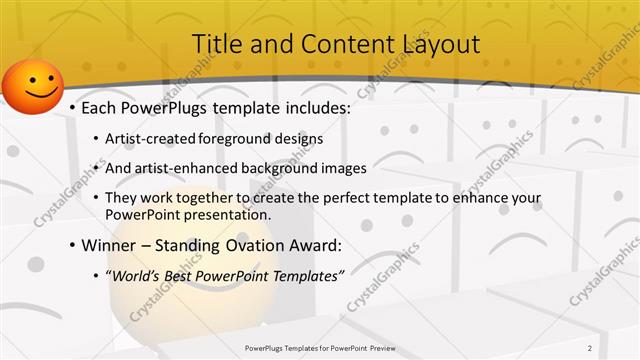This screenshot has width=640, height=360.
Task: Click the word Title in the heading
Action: [214, 44]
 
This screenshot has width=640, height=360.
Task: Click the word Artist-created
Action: [150, 139]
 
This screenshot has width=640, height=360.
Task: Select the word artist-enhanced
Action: [185, 168]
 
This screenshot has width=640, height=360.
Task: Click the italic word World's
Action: [137, 273]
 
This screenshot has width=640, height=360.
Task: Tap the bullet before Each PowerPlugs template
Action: [72, 109]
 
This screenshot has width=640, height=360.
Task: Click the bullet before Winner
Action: [72, 244]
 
